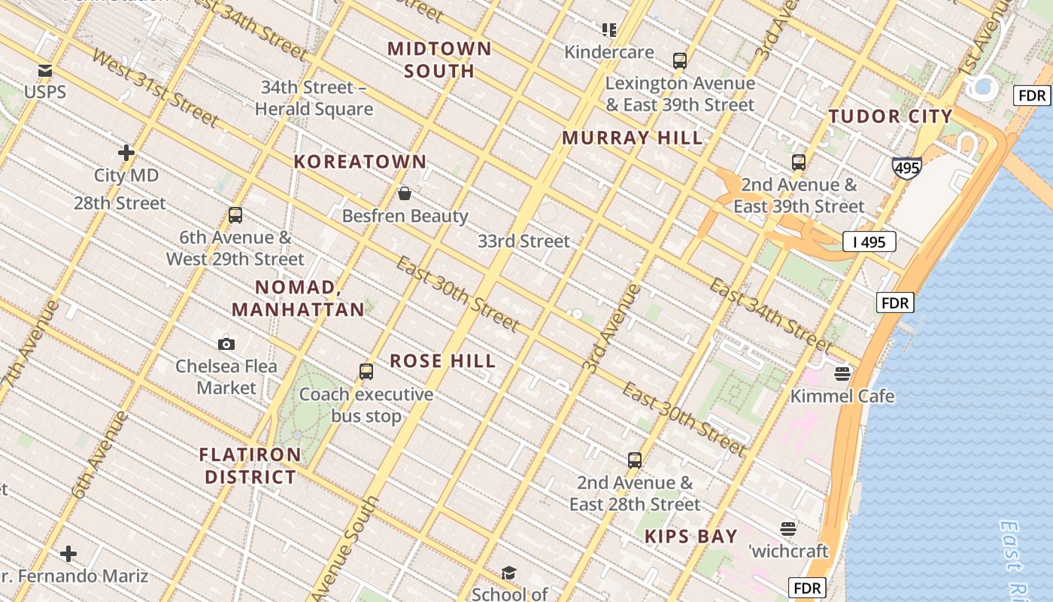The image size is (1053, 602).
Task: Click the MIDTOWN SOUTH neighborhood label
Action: pos(440,60)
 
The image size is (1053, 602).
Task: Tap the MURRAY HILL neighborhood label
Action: pos(632,138)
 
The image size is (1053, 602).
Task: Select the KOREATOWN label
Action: pos(360,162)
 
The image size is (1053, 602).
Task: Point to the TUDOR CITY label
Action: pos(891,117)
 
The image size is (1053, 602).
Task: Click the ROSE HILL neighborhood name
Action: pos(443,361)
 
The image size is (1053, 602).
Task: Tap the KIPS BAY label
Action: pos(691,537)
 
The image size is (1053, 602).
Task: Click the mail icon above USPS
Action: pos(45,71)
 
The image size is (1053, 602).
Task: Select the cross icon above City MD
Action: pos(126,153)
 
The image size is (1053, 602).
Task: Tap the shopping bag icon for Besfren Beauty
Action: pos(405,194)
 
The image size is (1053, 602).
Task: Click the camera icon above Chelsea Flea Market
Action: pos(226,344)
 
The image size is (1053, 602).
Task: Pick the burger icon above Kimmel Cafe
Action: pos(842,373)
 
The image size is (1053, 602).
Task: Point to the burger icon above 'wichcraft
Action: pos(788,528)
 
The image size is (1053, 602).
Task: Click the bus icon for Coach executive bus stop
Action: pos(366,371)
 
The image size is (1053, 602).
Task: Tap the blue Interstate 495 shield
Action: pos(906,167)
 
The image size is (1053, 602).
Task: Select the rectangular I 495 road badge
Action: pos(869,242)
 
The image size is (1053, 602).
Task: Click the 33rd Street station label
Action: pos(524,242)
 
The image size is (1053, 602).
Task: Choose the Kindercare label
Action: pos(609,52)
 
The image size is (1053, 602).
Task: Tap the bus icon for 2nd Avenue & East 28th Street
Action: pos(635,460)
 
